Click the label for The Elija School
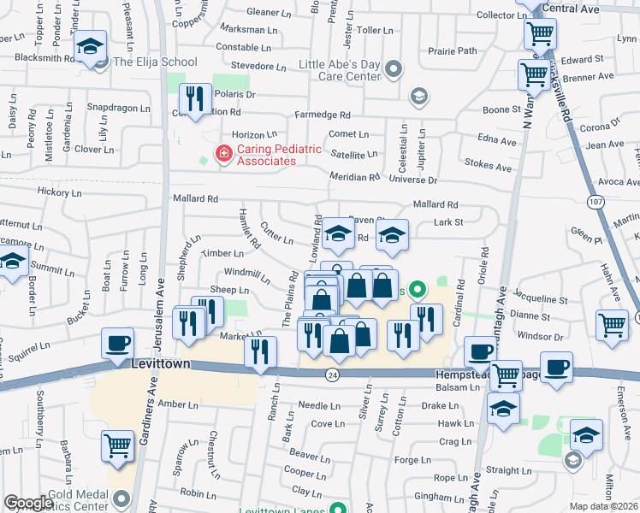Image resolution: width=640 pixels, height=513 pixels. (x=155, y=62)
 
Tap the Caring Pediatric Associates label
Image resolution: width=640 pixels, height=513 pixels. (x=267, y=155)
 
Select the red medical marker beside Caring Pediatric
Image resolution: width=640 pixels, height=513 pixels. (x=224, y=154)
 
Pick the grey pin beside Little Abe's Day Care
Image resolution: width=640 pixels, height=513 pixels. (x=393, y=68)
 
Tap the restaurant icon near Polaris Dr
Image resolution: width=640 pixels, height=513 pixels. (x=198, y=98)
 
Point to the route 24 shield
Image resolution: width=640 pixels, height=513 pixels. (x=332, y=374)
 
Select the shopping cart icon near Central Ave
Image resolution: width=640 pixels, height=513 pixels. (x=540, y=34)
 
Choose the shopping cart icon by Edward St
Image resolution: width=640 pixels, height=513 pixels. (x=533, y=74)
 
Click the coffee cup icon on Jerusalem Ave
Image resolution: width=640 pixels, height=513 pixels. (x=117, y=344)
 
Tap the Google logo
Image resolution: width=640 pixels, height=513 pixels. (x=28, y=503)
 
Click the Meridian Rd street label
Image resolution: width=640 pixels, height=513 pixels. (x=355, y=177)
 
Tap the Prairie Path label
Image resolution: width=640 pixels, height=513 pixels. (x=454, y=50)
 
